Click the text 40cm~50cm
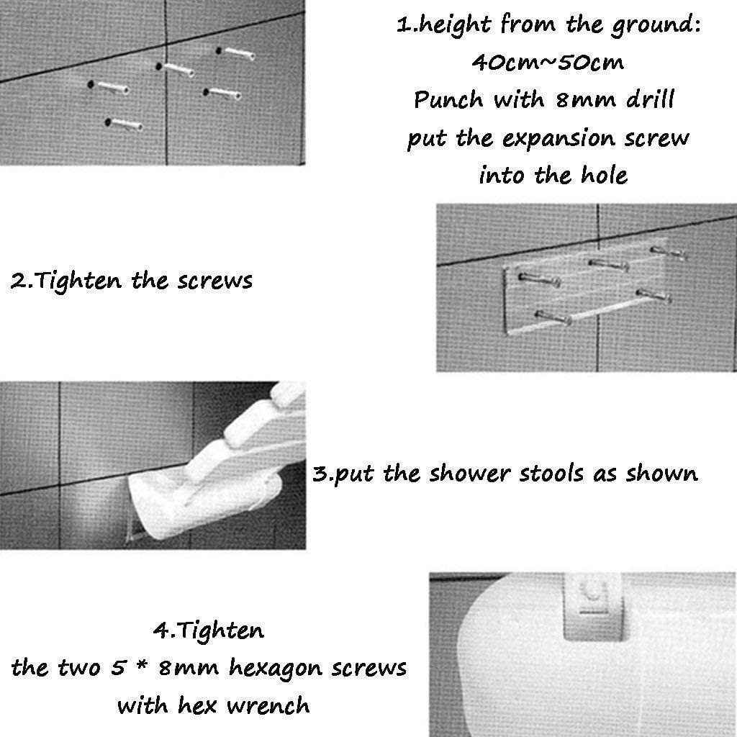point(548,62)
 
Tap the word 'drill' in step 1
point(651,99)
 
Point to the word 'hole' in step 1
point(605,176)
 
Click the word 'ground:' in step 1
point(656,25)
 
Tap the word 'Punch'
point(448,99)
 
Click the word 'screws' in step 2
point(214,281)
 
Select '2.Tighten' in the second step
point(65,281)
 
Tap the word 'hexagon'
point(276,669)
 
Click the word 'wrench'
point(268,705)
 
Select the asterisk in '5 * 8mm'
point(143,666)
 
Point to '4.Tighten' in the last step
point(208,630)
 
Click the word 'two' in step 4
point(78,668)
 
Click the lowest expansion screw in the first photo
point(124,125)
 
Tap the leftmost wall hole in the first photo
point(90,85)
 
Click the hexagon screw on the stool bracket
point(592,590)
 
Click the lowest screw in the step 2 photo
point(553,317)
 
